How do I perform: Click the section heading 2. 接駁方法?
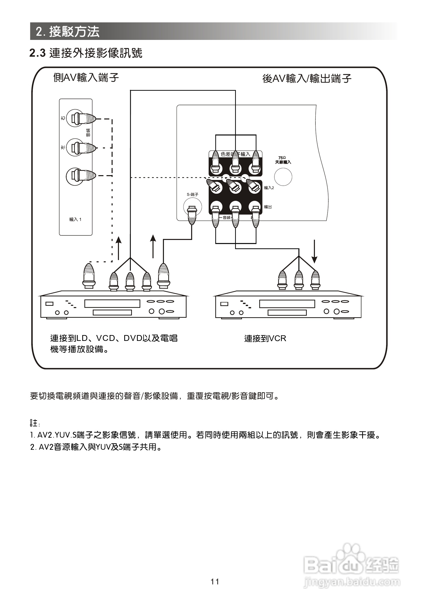pyautogui.click(x=68, y=32)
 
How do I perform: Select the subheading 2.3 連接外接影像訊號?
pyautogui.click(x=86, y=53)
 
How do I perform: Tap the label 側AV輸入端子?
pyautogui.click(x=86, y=78)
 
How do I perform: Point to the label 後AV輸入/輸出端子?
pyautogui.click(x=307, y=78)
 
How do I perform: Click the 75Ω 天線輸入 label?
pyautogui.click(x=283, y=160)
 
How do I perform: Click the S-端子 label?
pyautogui.click(x=192, y=194)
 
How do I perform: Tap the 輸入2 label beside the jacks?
pyautogui.click(x=269, y=188)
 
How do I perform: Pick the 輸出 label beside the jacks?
pyautogui.click(x=268, y=207)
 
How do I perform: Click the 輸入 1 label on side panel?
pyautogui.click(x=75, y=219)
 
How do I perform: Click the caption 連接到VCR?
pyautogui.click(x=265, y=338)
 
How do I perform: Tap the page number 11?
pyautogui.click(x=215, y=581)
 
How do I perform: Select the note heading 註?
pyautogui.click(x=35, y=423)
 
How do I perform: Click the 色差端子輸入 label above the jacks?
pyautogui.click(x=235, y=154)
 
